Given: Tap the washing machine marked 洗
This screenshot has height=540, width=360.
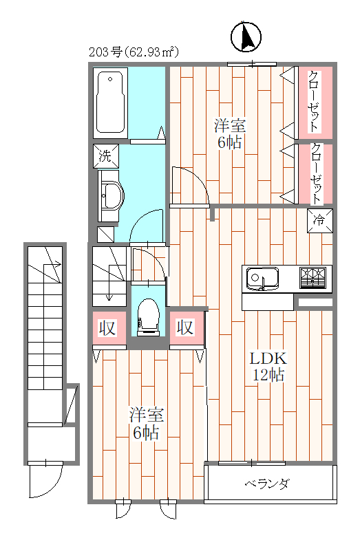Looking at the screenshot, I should coord(105,155).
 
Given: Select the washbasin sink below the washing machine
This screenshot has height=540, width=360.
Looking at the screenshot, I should coord(110,197).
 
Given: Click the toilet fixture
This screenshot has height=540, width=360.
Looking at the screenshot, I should coord(148,317).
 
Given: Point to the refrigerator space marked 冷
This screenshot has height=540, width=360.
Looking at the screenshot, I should coord(319,221).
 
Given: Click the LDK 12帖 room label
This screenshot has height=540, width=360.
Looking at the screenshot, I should coord(267,366).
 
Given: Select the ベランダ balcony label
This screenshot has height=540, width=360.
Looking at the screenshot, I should coord(266,484).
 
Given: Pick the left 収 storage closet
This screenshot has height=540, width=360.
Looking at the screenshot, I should coord(109,327).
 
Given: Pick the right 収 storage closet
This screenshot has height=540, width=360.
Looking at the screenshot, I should coord(186,327).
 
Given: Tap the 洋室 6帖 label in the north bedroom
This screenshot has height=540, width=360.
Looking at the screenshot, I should coord(230,135).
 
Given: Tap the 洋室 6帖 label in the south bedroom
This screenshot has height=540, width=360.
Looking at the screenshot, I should coord(147,424).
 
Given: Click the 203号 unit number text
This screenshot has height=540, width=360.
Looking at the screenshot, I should coord(105,52).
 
